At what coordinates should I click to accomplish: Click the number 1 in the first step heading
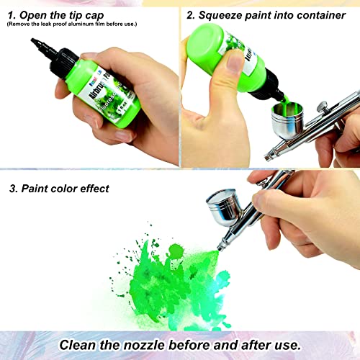click(x=12, y=13)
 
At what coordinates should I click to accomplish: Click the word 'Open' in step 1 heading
click(x=37, y=13)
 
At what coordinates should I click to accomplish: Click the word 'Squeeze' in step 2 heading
click(x=223, y=13)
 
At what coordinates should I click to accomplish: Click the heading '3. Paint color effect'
click(x=59, y=189)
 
